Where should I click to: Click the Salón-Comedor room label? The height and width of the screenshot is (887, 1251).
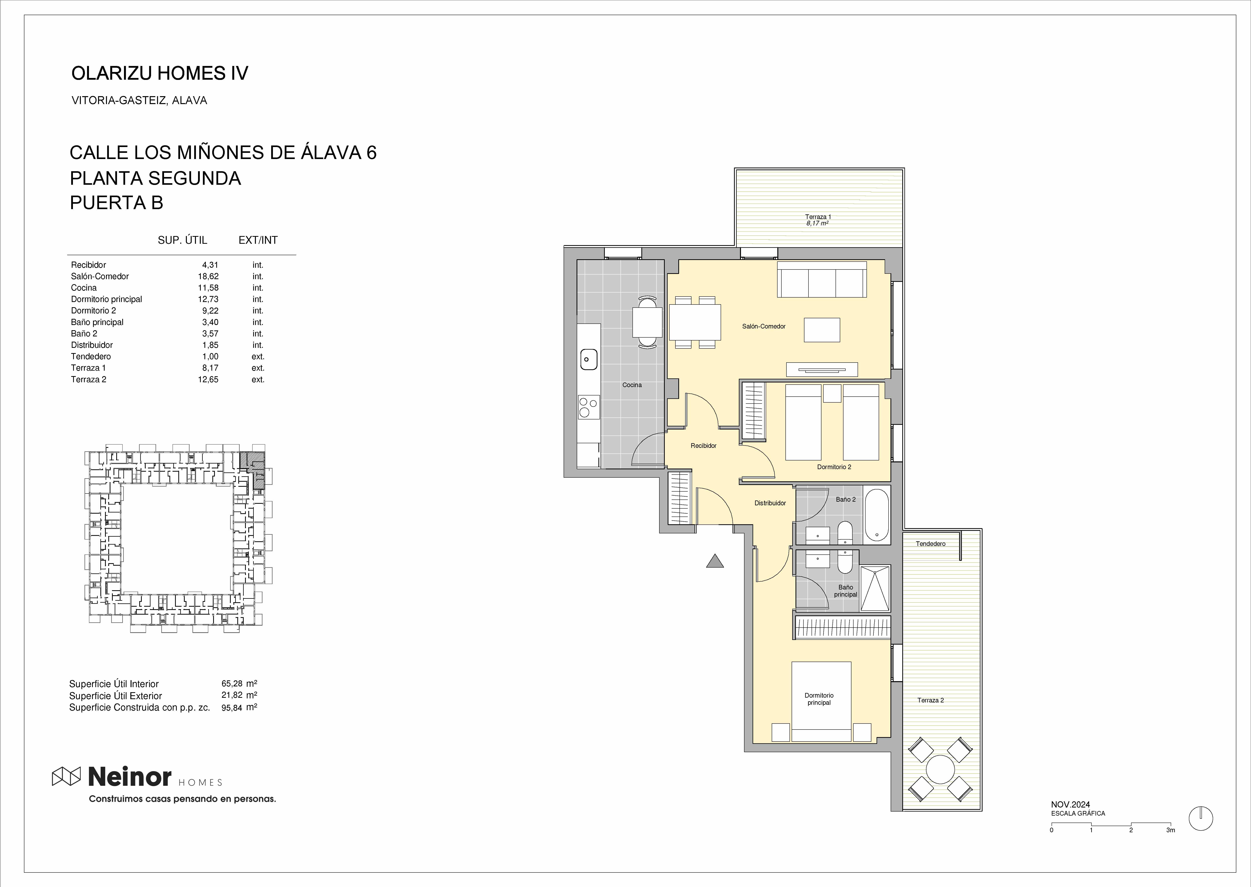763,326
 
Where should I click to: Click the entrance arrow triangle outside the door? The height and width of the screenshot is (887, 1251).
715,561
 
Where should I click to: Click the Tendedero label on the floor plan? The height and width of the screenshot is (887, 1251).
931,543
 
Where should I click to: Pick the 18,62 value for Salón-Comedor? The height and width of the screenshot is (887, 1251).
208,276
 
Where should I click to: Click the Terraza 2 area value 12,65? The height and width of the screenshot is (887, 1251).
208,380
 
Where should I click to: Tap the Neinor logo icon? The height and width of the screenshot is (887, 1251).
66,776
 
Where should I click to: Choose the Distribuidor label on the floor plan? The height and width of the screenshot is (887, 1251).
770,503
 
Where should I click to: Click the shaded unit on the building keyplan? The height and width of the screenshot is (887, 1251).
255,467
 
